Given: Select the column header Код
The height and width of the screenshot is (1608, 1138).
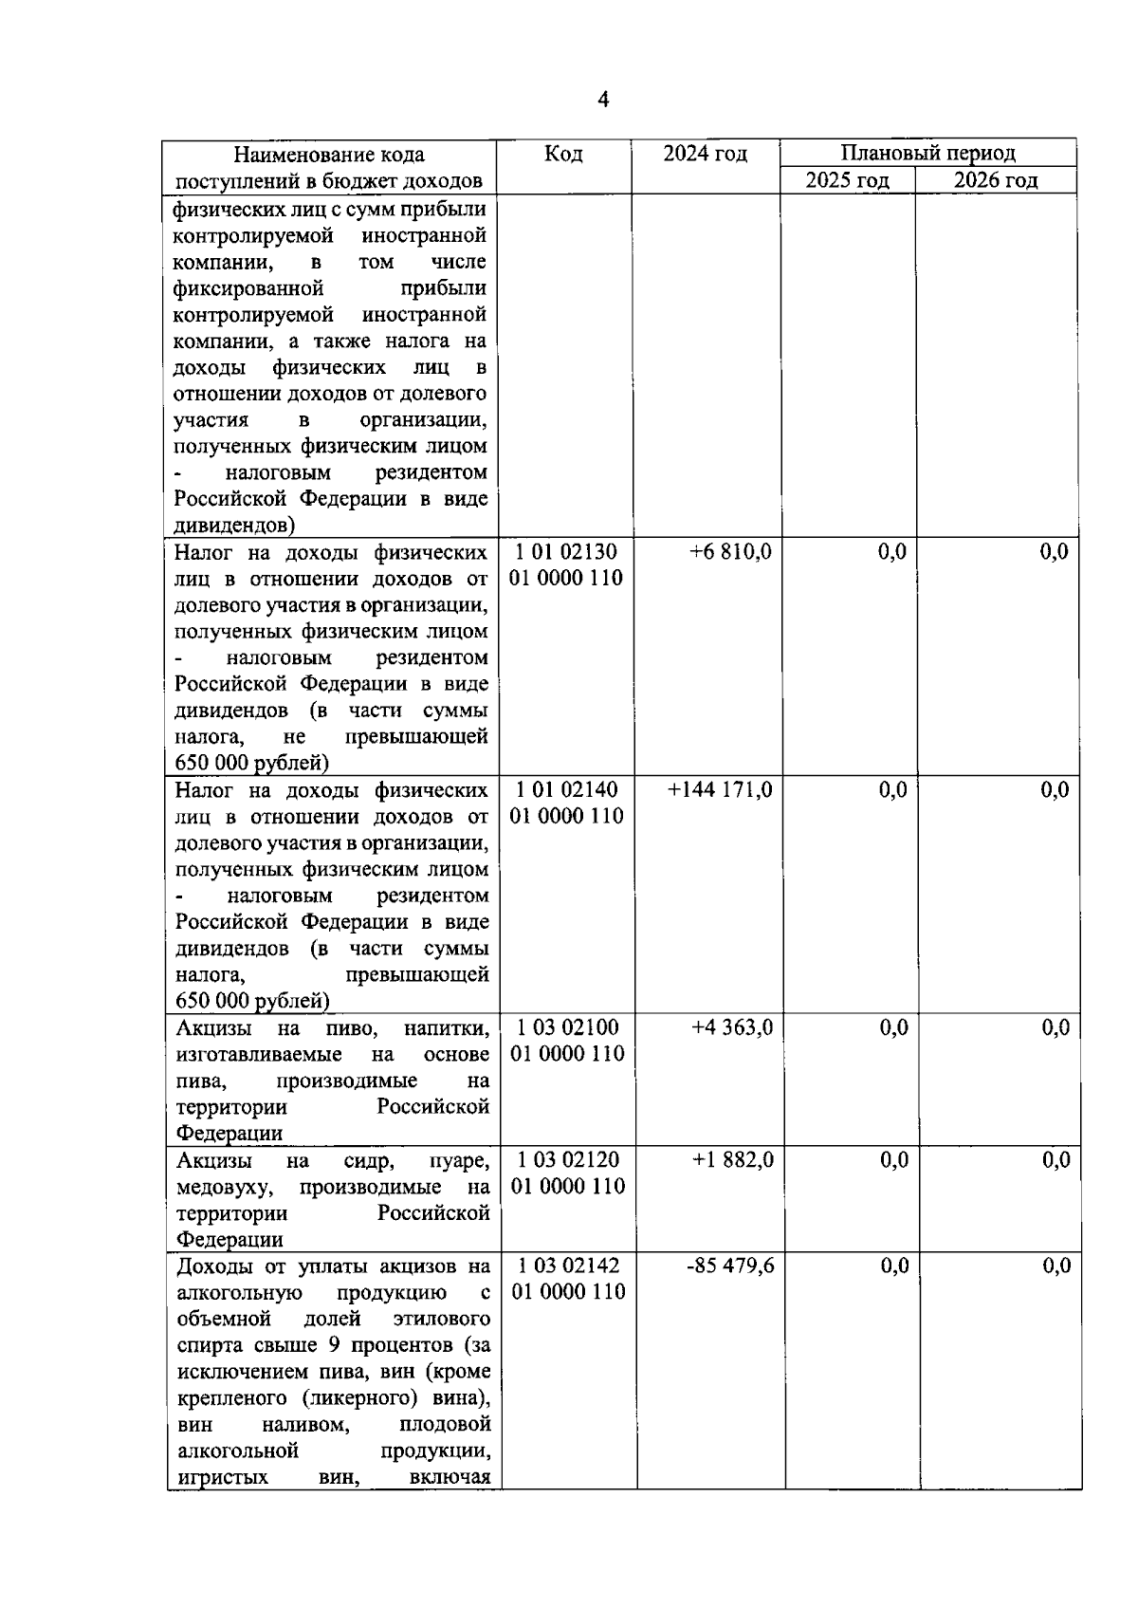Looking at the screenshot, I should pos(563,154).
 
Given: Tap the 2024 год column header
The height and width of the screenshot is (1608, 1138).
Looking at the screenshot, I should pos(705,154).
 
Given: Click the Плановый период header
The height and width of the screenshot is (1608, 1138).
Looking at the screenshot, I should pos(927,153).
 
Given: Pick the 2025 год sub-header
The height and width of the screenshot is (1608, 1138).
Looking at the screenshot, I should pos(847,180).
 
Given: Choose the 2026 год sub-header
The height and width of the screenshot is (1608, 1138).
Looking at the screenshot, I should pos(995,180).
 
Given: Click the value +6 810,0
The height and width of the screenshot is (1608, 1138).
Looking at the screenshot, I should pos(730,552).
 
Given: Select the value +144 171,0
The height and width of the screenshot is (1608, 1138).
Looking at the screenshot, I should pos(720,790).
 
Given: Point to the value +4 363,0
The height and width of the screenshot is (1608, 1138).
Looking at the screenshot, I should pos(731,1028).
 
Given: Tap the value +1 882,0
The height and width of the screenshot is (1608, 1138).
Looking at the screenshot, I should pos(732,1160).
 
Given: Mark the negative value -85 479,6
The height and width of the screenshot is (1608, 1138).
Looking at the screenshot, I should pos(729,1266).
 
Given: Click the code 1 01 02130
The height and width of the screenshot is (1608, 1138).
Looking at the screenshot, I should pos(566,552).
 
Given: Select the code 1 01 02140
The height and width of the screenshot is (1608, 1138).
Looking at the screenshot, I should pos(566,790).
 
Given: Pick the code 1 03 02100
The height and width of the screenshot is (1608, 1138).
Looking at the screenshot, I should pos(567,1028).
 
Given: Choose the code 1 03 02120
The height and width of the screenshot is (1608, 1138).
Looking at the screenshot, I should pos(567,1160).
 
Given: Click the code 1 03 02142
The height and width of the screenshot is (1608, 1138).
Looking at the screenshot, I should pos(568,1266).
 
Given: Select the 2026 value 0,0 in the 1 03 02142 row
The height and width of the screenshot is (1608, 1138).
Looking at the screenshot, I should pos(1055,1266).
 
